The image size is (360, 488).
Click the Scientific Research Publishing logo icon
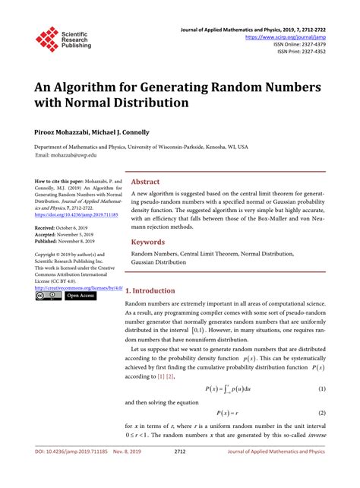coord(47,38)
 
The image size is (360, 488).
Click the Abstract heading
coord(146,182)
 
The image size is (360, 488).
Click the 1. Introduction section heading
coord(150,290)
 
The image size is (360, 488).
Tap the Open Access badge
coord(81,296)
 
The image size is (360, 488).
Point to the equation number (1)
coord(322,390)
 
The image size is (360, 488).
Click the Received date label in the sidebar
coord(50,227)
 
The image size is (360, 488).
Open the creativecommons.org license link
coord(79,288)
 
